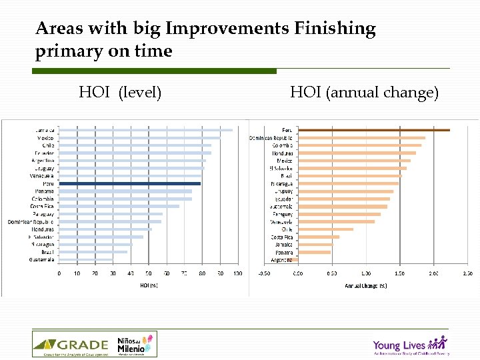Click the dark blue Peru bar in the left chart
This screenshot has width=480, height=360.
pos(129,183)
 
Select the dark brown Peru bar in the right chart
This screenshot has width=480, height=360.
pos(373,130)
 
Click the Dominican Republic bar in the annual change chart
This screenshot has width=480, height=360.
pos(361,138)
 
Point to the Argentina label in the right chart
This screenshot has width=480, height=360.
pos(281,260)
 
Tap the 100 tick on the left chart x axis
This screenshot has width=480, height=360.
pos(237,273)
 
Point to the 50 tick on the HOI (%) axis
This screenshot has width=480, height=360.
pos(148,273)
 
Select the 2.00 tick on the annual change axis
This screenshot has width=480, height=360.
pos(433,273)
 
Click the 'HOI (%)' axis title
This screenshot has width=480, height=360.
pos(148,285)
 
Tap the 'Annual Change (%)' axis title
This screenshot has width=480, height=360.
pos(365,285)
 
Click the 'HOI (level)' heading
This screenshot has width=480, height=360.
pos(120,92)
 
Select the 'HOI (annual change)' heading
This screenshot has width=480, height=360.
pos(364,92)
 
